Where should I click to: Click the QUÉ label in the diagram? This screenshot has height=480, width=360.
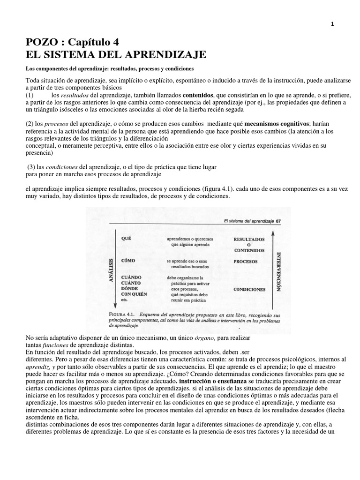point(126,238)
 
